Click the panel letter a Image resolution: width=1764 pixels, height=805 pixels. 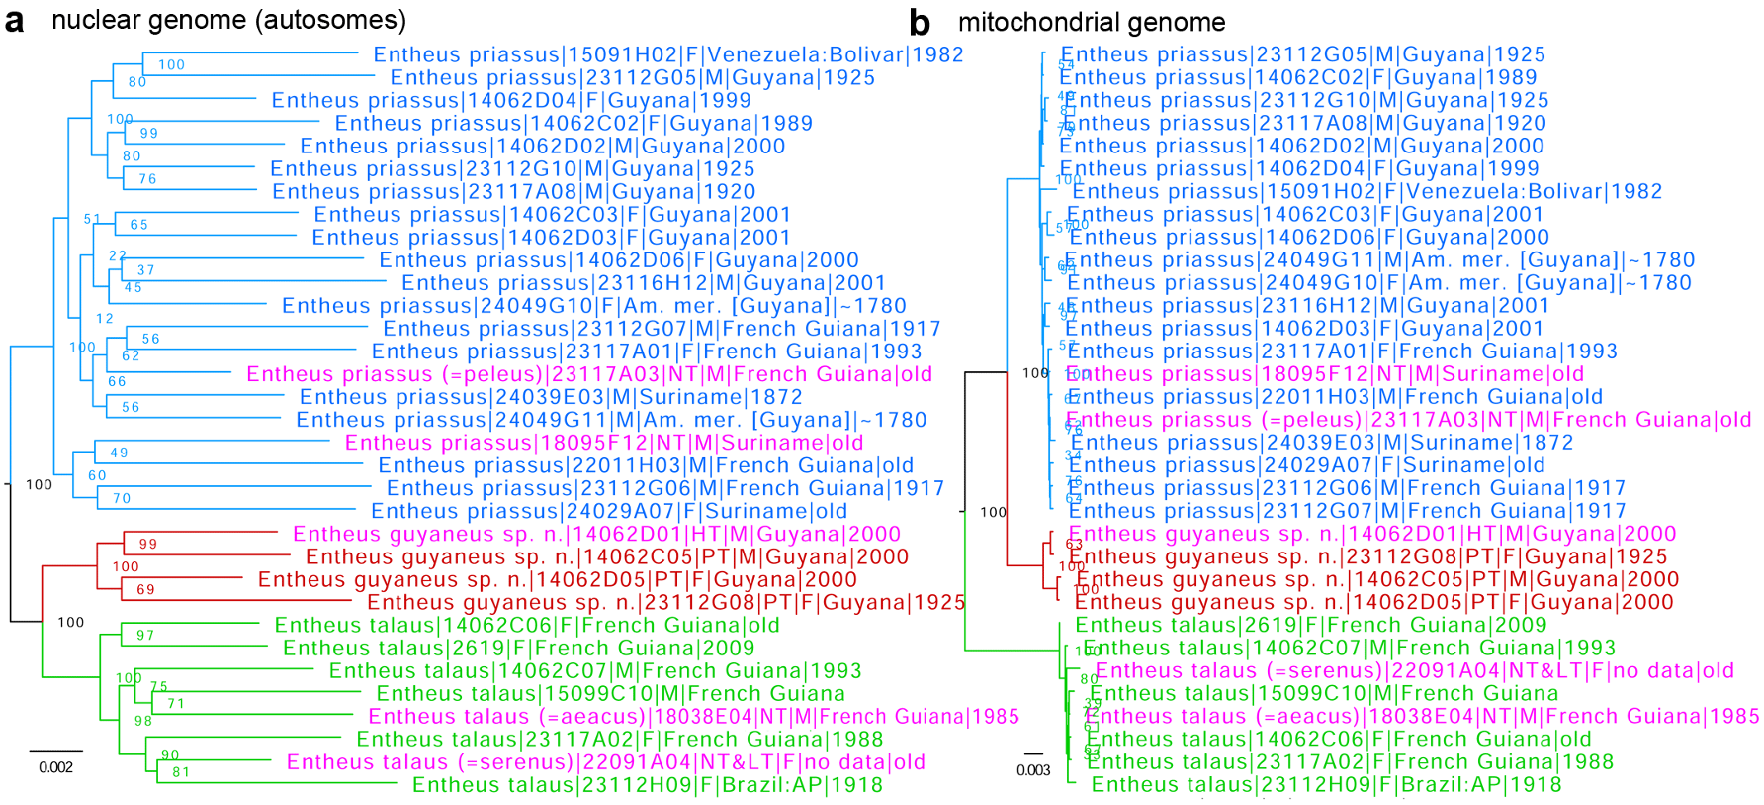pos(14,21)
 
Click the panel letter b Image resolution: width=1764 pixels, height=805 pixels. pos(919,24)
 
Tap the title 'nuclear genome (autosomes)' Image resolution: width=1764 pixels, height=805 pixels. pos(228,20)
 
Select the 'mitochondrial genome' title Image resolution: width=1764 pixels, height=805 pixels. pos(1091,22)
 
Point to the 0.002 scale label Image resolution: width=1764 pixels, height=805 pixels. pos(56,768)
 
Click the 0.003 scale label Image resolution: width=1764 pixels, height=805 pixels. pos(1033,770)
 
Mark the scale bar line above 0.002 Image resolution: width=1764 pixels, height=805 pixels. pos(56,751)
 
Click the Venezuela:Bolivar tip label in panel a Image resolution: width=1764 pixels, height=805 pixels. pos(668,55)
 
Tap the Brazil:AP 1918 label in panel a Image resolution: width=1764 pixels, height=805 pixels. pos(647,785)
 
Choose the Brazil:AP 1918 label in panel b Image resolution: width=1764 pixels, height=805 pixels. pos(1326,785)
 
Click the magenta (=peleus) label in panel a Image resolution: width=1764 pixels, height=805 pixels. pos(589,374)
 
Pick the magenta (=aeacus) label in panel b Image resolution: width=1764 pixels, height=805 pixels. pos(1424,717)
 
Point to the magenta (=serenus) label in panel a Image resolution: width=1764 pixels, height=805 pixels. pos(606,762)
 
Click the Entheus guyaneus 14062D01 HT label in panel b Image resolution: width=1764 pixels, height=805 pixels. pos(1372,535)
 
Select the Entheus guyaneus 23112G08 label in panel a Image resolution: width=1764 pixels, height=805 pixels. pos(665,603)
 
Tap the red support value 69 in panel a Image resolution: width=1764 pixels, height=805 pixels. pos(145,590)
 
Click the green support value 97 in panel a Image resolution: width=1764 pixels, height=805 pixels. pos(145,636)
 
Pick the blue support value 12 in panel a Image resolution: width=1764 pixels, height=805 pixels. pos(105,319)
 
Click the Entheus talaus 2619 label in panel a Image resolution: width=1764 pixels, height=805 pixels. pos(518,648)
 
